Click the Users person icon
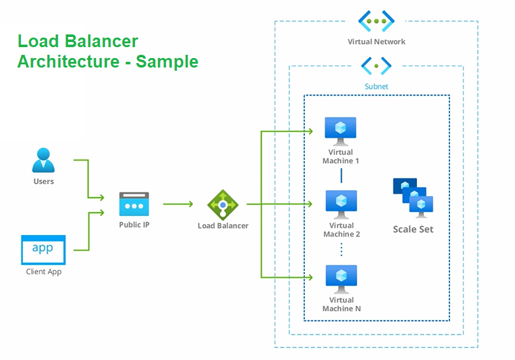(x=43, y=160)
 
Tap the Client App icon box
(x=43, y=249)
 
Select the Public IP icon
(x=134, y=205)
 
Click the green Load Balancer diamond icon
(x=222, y=205)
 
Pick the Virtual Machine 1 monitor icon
(x=341, y=131)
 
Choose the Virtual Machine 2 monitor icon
(x=341, y=205)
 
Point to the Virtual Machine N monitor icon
(x=341, y=278)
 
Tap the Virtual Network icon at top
(x=376, y=21)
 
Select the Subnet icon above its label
(x=376, y=66)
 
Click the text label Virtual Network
(x=376, y=42)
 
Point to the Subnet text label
(x=376, y=86)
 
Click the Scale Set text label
(x=413, y=229)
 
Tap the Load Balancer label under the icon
(x=223, y=226)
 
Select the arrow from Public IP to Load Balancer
(x=178, y=205)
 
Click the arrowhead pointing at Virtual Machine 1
(x=311, y=131)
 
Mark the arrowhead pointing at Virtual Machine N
(x=311, y=277)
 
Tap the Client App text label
(x=43, y=272)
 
